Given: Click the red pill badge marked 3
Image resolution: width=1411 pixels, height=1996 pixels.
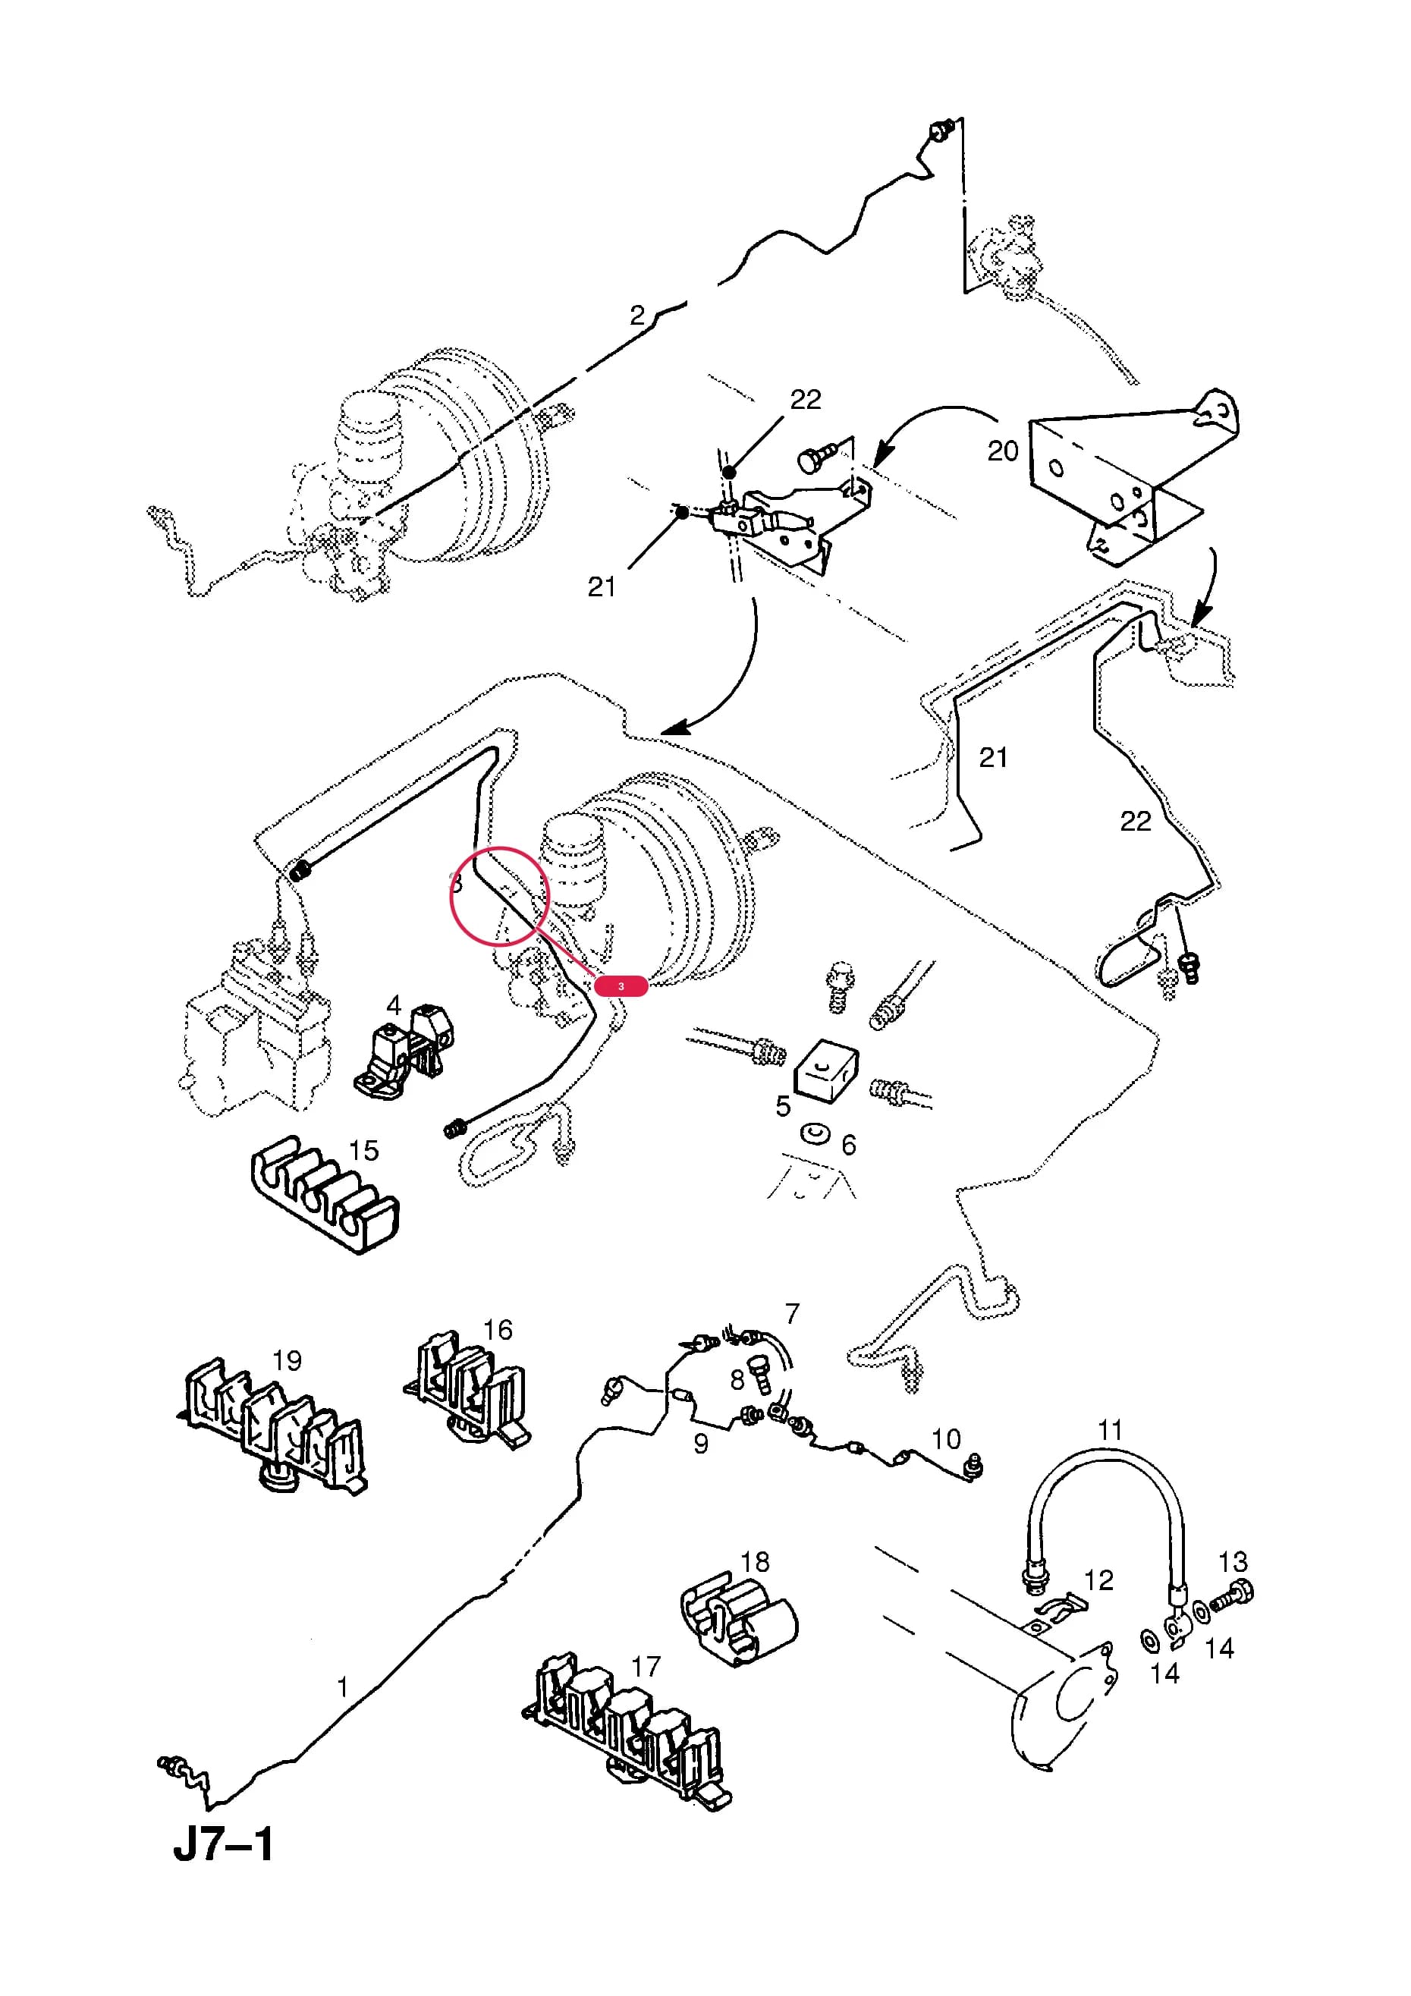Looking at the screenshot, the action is point(621,985).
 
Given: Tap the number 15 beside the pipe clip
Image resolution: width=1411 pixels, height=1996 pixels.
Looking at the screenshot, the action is point(363,1150).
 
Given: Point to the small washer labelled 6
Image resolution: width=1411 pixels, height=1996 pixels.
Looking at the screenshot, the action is point(815,1133).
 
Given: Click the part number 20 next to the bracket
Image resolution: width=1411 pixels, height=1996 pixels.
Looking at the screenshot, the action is point(1002,451).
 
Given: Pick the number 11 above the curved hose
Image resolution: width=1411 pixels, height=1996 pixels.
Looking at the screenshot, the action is point(1109,1430).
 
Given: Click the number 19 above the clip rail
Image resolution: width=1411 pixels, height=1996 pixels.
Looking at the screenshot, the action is point(287,1359).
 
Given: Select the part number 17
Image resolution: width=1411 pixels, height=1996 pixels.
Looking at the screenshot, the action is point(646,1667).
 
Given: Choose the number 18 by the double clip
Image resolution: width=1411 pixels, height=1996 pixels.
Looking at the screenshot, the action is point(755,1562).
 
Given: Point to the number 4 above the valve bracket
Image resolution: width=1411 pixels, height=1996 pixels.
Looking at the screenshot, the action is point(393,1005).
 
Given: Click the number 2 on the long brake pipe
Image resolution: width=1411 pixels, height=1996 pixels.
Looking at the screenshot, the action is point(637,315).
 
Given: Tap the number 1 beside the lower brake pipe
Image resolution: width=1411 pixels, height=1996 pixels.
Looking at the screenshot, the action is point(343,1687).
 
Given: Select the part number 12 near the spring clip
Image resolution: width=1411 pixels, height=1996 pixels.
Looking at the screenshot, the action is point(1099,1580).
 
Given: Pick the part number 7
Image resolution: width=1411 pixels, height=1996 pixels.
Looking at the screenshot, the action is point(791,1312).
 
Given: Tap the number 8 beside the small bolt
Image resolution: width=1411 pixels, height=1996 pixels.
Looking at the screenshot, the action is point(737,1380).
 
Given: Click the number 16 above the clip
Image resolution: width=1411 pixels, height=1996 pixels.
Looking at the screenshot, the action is point(498,1329).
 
